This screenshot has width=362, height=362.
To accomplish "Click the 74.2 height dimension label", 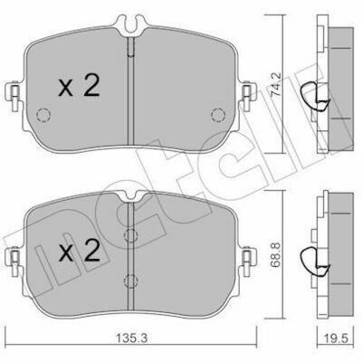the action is [x=275, y=84].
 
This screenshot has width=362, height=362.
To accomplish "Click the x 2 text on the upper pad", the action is [x=79, y=86].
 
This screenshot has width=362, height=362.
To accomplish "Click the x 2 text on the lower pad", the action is [x=79, y=250].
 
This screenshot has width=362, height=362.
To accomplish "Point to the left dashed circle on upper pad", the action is [x=43, y=115].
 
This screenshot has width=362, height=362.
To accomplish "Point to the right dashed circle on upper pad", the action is [x=218, y=115].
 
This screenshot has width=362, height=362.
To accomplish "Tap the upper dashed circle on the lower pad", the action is [x=131, y=235].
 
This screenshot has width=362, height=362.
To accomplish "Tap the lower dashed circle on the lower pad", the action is [x=131, y=281].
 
